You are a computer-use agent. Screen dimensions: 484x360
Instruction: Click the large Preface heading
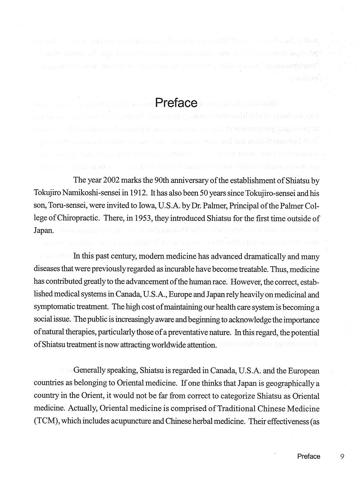click(x=176, y=103)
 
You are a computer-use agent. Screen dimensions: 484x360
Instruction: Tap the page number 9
click(x=342, y=456)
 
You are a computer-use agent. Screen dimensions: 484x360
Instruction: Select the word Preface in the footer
click(x=309, y=456)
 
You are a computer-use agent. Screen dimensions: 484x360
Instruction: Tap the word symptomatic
click(x=54, y=307)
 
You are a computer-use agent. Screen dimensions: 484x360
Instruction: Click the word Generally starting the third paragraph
click(x=89, y=370)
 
